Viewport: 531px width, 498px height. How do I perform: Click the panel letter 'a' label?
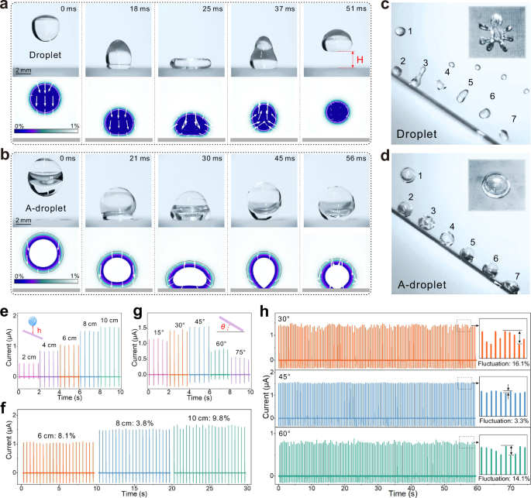click(x=5, y=6)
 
